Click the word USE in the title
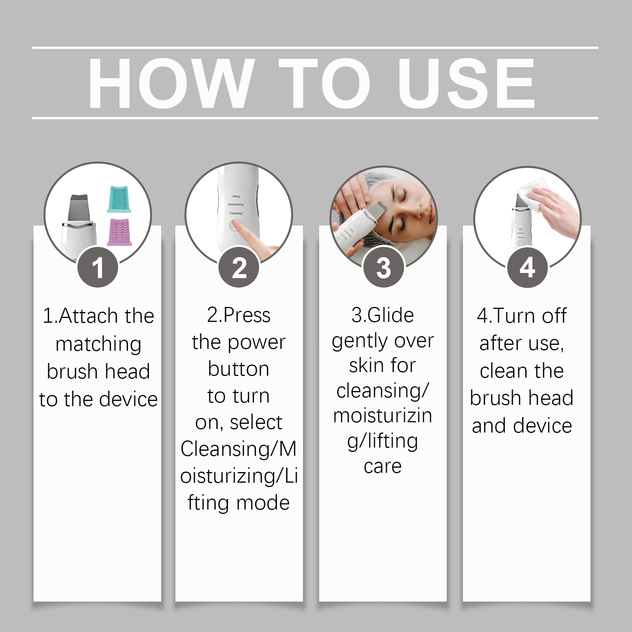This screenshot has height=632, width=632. [466, 83]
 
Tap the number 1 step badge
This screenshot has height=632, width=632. [98, 267]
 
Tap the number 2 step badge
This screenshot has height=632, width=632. [239, 267]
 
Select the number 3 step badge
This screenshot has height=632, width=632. [383, 267]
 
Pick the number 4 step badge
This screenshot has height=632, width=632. [527, 267]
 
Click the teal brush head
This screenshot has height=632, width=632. [118, 199]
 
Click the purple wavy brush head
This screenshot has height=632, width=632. [119, 232]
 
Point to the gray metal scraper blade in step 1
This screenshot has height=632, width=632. [79, 208]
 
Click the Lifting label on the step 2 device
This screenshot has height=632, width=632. [236, 196]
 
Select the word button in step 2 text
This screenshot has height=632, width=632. [239, 369]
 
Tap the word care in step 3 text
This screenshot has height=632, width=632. [383, 467]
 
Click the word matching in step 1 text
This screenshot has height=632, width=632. [98, 344]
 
